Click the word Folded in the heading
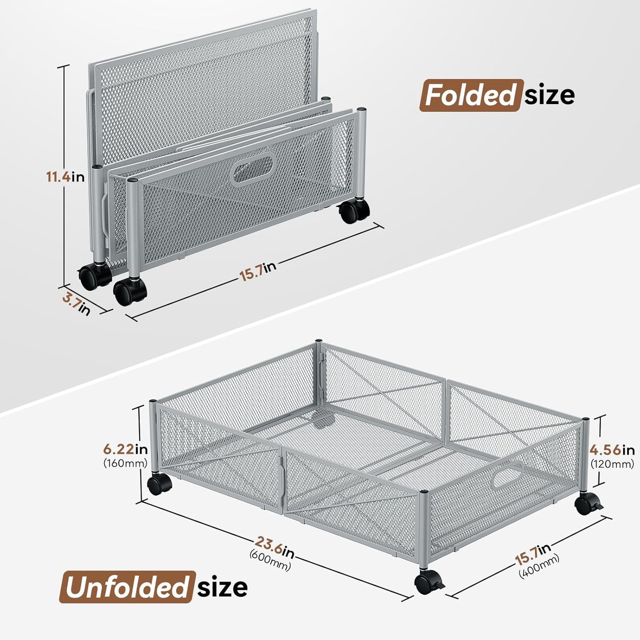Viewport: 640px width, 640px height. click(x=471, y=95)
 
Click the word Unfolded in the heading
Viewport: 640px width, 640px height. click(x=126, y=587)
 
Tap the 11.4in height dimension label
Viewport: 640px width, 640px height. click(x=66, y=177)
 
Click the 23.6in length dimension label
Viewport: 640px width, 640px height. click(x=274, y=547)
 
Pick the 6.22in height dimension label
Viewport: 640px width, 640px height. click(x=125, y=450)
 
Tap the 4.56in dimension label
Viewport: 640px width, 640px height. click(x=612, y=450)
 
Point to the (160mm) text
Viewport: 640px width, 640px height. click(x=125, y=463)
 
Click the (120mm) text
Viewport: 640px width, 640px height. click(x=612, y=464)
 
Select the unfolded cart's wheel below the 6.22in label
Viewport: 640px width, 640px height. click(x=159, y=485)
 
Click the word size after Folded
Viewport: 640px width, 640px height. click(x=550, y=95)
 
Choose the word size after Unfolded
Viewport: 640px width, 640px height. click(x=222, y=587)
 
